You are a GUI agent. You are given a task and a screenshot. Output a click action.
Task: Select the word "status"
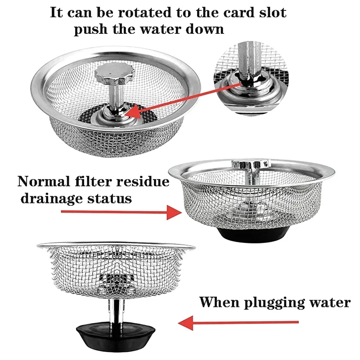[110, 198]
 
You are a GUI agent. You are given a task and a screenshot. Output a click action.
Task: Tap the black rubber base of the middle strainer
[247, 234]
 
